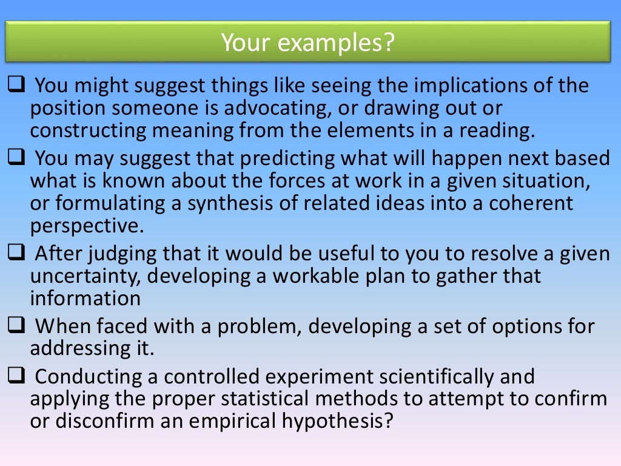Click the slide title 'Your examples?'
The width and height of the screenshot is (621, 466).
pyautogui.click(x=307, y=42)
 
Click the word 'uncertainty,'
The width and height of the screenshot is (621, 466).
pyautogui.click(x=86, y=275)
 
